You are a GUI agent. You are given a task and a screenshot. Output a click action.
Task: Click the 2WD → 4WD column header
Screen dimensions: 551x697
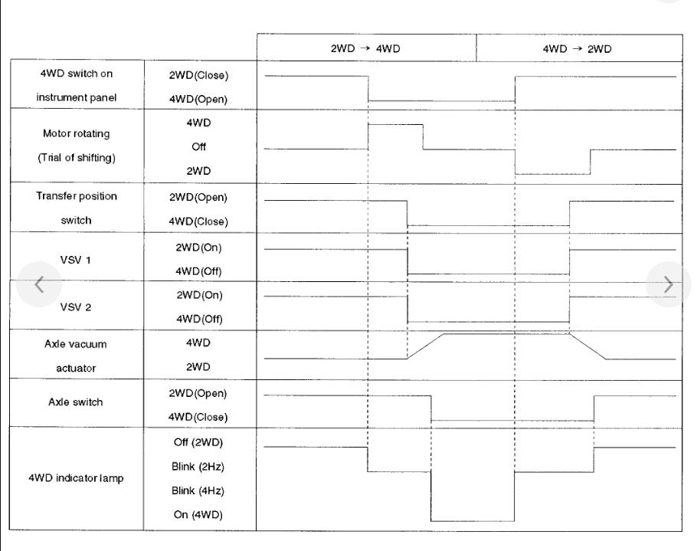click(x=366, y=48)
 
